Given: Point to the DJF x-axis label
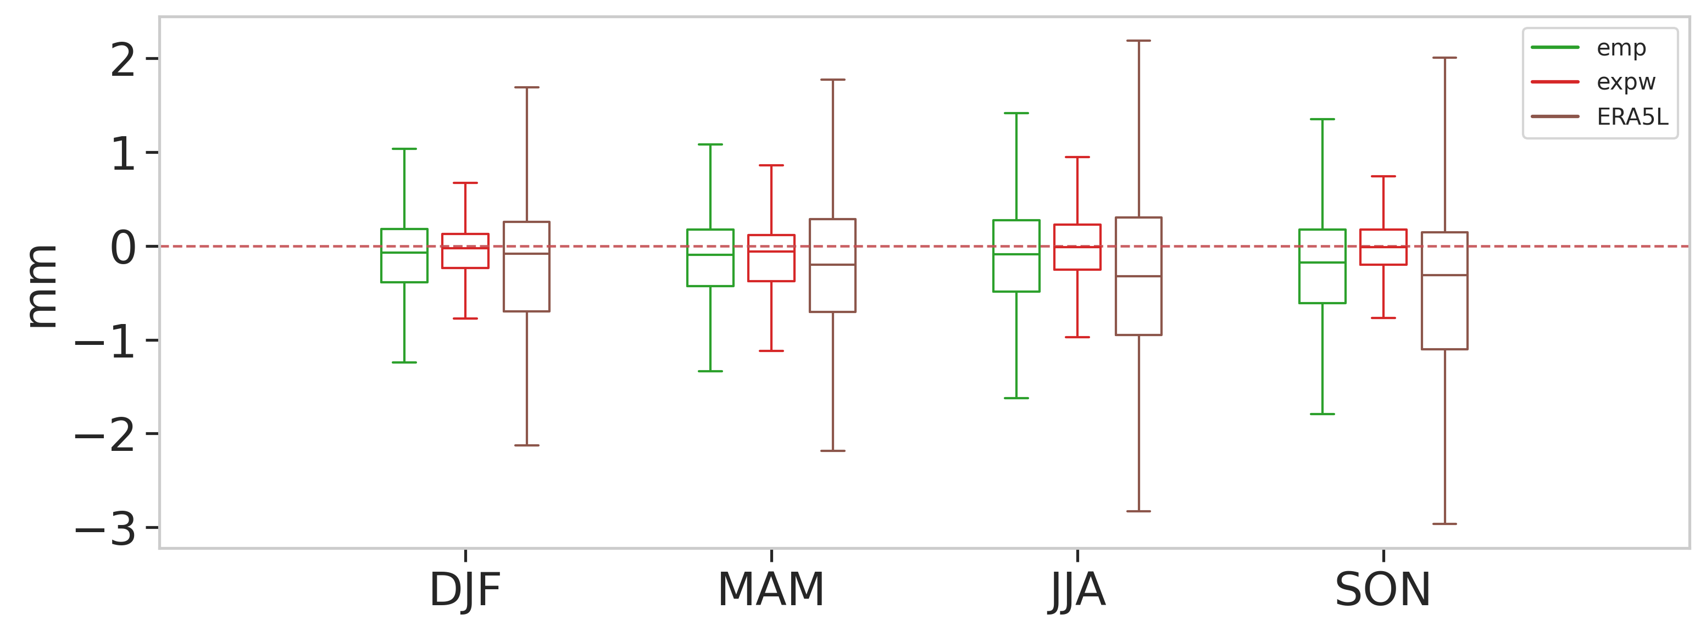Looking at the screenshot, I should pos(465,589).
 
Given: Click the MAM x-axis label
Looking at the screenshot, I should pos(771,589).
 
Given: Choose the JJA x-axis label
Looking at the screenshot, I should pos(1077,589).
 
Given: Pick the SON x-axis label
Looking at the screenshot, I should pos(1383,589).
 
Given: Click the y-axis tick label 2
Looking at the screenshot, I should pos(123,60).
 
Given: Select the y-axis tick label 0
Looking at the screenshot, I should pos(123,248).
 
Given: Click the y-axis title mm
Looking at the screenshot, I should pos(41,286).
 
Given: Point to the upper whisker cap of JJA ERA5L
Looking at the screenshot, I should pos(1138,41).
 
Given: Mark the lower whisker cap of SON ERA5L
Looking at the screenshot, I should pos(1444,524).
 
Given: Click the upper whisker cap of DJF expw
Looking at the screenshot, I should pos(465,183).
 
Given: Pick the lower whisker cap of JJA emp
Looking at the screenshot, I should pos(1016,398).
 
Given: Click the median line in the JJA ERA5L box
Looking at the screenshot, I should pos(1138,276).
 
